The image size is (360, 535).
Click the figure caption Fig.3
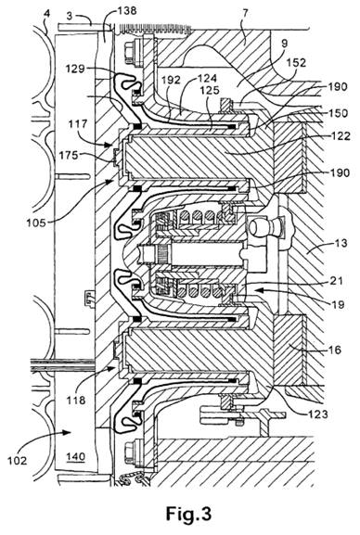[x=188, y=513]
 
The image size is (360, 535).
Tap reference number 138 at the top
[x=127, y=10]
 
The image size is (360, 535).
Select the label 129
[x=75, y=69]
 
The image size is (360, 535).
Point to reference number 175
[x=70, y=155]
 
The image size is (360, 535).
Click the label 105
[x=36, y=223]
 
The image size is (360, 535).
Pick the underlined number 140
[x=76, y=456]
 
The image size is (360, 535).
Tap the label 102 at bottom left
[x=17, y=461]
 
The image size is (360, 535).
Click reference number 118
[x=76, y=400]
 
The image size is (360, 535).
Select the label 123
[x=318, y=414]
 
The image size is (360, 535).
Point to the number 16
[x=334, y=350]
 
